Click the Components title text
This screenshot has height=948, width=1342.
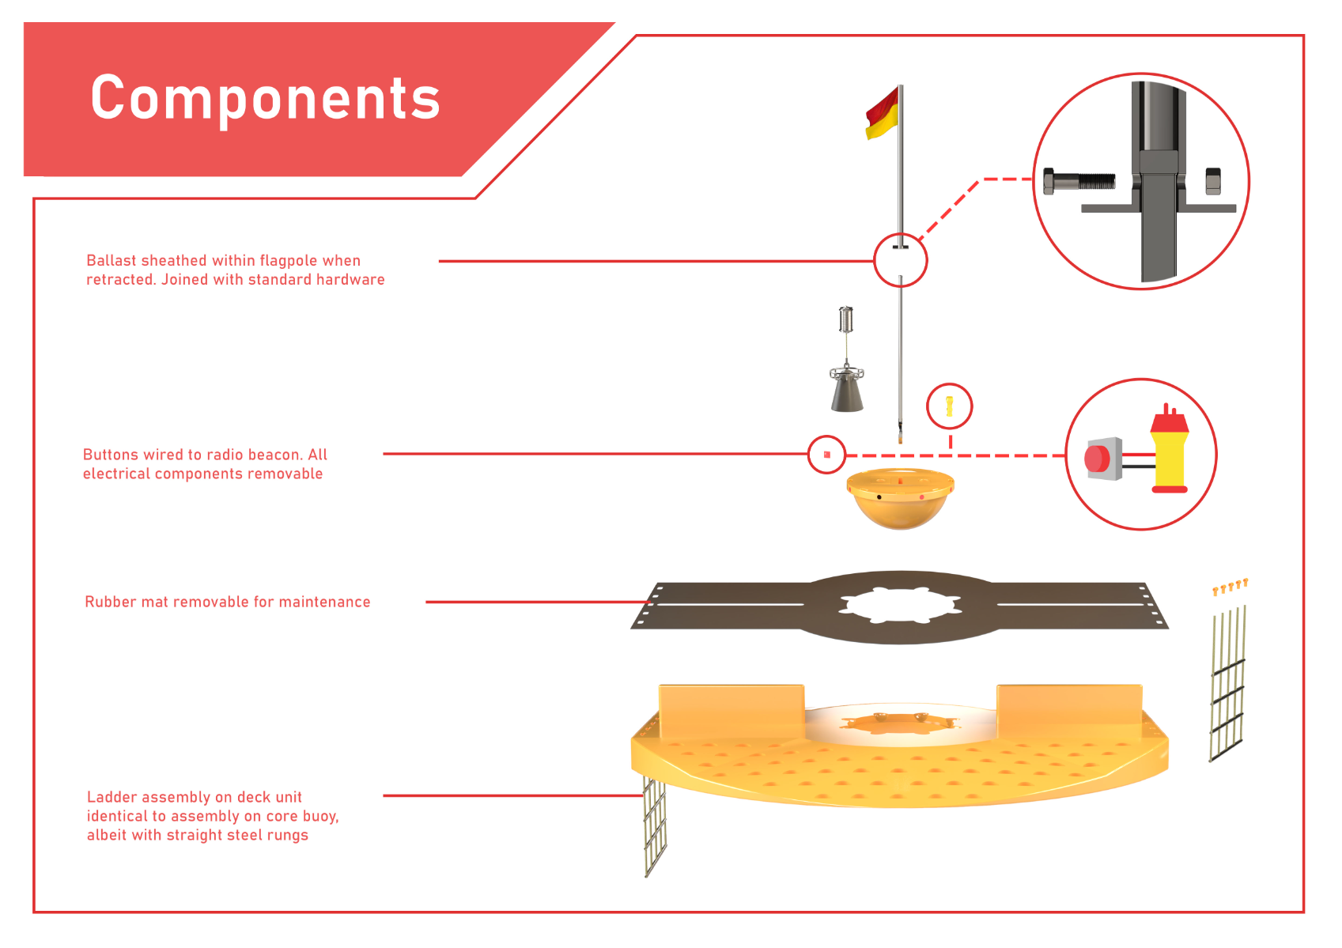pos(266,99)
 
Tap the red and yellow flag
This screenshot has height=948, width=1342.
pos(883,114)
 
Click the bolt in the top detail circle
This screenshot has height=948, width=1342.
pos(1079,181)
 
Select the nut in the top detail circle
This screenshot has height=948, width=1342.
pos(1213,181)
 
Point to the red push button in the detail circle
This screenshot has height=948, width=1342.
pos(1098,459)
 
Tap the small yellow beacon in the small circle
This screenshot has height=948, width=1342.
pos(950,406)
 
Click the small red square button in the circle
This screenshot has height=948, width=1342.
pos(826,455)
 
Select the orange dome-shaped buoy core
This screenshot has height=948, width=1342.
pos(900,499)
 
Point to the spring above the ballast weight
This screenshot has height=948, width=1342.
pos(845,319)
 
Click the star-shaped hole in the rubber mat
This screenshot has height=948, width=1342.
pos(900,606)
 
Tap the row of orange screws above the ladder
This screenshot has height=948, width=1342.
pos(1230,587)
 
